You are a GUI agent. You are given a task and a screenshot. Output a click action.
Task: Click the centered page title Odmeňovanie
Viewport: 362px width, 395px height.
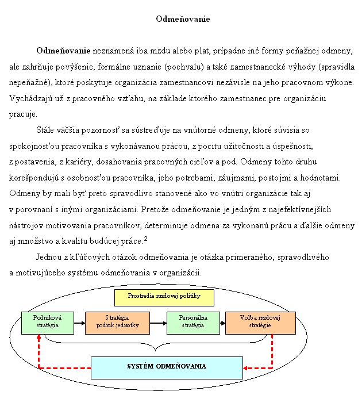point(183,20)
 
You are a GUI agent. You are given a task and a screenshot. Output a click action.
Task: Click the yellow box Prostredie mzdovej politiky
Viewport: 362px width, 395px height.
point(164,298)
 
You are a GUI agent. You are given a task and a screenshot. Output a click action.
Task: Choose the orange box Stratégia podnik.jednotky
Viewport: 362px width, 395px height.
point(117,322)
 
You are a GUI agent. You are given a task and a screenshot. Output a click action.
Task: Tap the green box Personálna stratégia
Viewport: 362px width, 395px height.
point(194,322)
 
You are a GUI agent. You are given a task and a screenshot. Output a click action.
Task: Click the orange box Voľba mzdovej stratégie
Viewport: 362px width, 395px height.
point(260,322)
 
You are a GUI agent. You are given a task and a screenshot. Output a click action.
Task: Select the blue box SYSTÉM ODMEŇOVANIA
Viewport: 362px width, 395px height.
point(166,366)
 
